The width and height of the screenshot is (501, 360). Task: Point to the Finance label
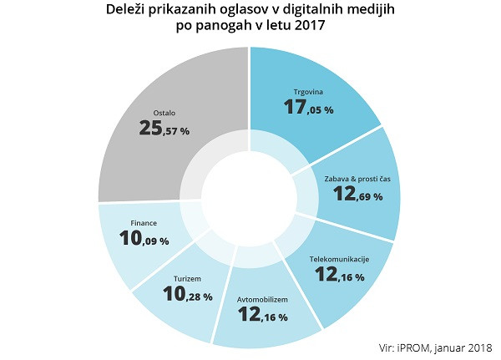144,223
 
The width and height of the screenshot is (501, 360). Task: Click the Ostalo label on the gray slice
164,112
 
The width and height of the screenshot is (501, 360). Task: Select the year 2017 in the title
307,28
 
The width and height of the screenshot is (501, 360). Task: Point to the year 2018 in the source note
478,347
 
